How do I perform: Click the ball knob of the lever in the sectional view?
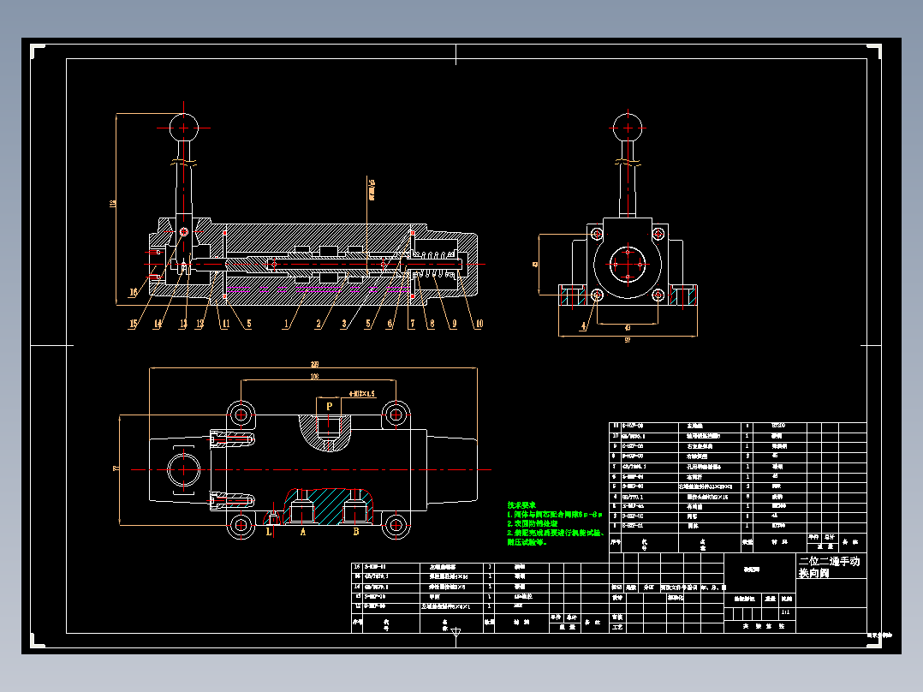pos(184,128)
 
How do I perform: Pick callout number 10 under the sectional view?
pos(479,324)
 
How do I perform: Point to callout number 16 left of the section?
pos(134,292)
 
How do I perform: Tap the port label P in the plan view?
pos(329,407)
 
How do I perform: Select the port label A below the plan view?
pos(302,532)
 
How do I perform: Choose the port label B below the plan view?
pos(355,532)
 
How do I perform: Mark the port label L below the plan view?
pos(268,532)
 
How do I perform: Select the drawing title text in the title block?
pos(829,567)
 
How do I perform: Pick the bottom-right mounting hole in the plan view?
pos(394,523)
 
